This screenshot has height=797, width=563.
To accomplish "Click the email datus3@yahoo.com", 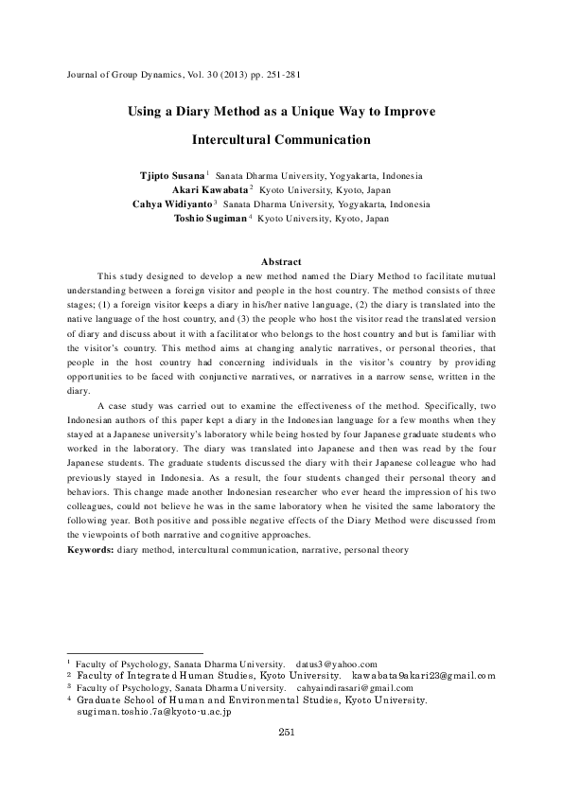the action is (x=337, y=664).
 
